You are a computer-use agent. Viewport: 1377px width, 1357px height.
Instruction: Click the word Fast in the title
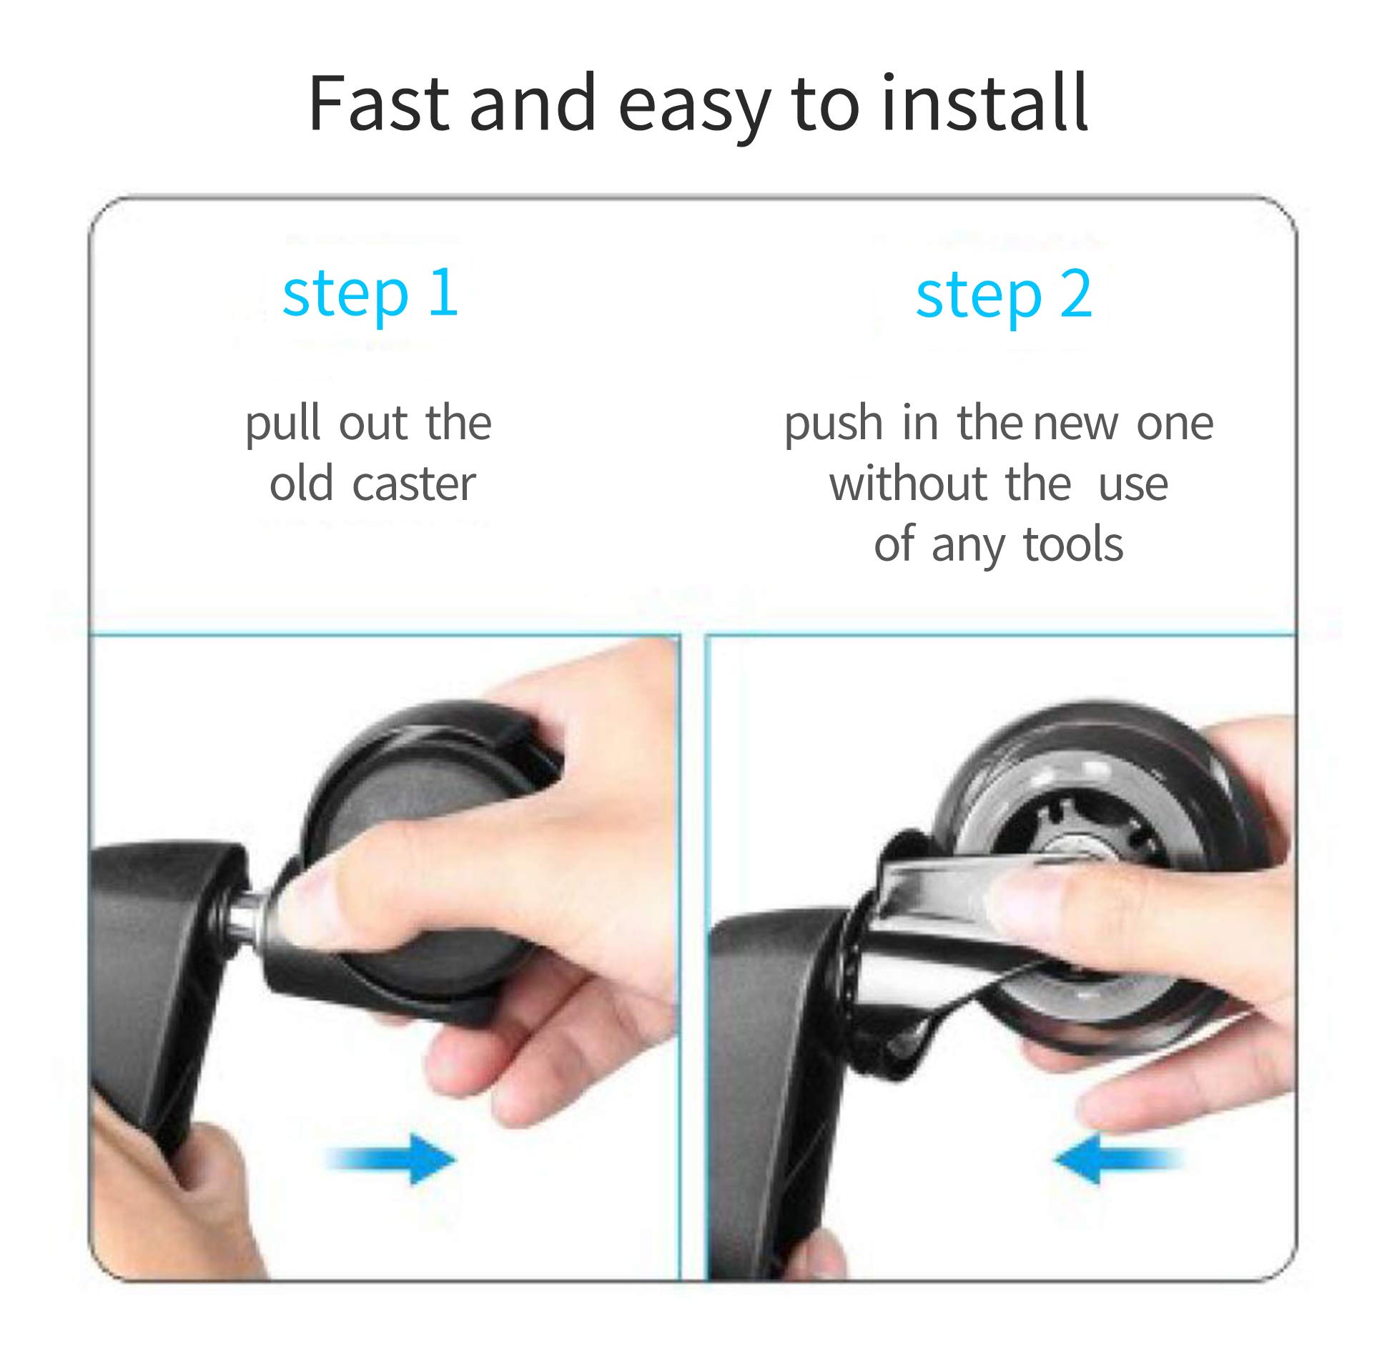(x=378, y=103)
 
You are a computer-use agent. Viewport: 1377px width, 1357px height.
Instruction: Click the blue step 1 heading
(x=370, y=294)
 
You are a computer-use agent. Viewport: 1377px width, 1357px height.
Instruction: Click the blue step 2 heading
(x=1004, y=295)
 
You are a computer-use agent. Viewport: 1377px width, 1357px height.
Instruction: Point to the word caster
(x=414, y=484)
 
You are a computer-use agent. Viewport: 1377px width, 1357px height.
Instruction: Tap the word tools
(x=1073, y=545)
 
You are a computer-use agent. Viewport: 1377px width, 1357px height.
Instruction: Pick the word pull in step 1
(x=284, y=424)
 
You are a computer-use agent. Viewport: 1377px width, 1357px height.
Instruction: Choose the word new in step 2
(x=1075, y=426)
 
